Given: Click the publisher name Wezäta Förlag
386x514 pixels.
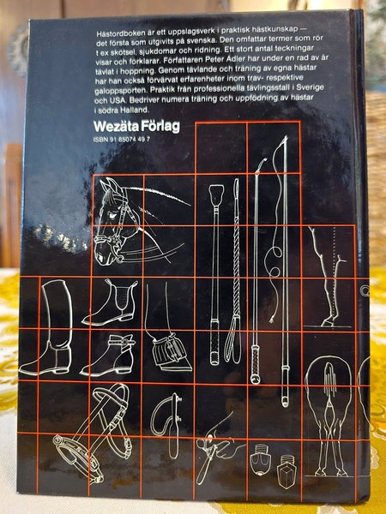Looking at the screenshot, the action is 136,127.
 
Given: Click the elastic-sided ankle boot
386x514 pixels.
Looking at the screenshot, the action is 111,302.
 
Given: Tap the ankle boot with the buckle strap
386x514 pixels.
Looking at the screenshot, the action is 108,356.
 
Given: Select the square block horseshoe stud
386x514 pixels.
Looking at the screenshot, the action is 286,471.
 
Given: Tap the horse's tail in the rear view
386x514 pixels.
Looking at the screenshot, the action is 329,380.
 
